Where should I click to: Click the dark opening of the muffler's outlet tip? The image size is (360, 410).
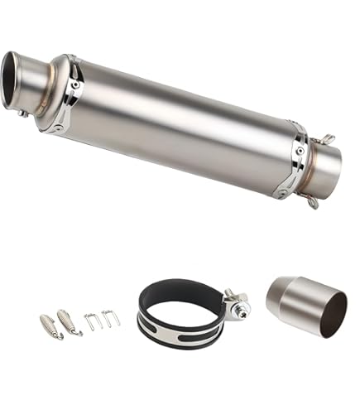[14, 79]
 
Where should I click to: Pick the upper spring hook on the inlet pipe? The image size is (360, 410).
[328, 139]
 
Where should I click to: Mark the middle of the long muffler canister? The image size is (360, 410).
[182, 124]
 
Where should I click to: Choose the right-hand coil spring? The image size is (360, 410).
[70, 321]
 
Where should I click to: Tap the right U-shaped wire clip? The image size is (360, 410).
[109, 317]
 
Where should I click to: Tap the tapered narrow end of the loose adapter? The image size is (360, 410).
[276, 298]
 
